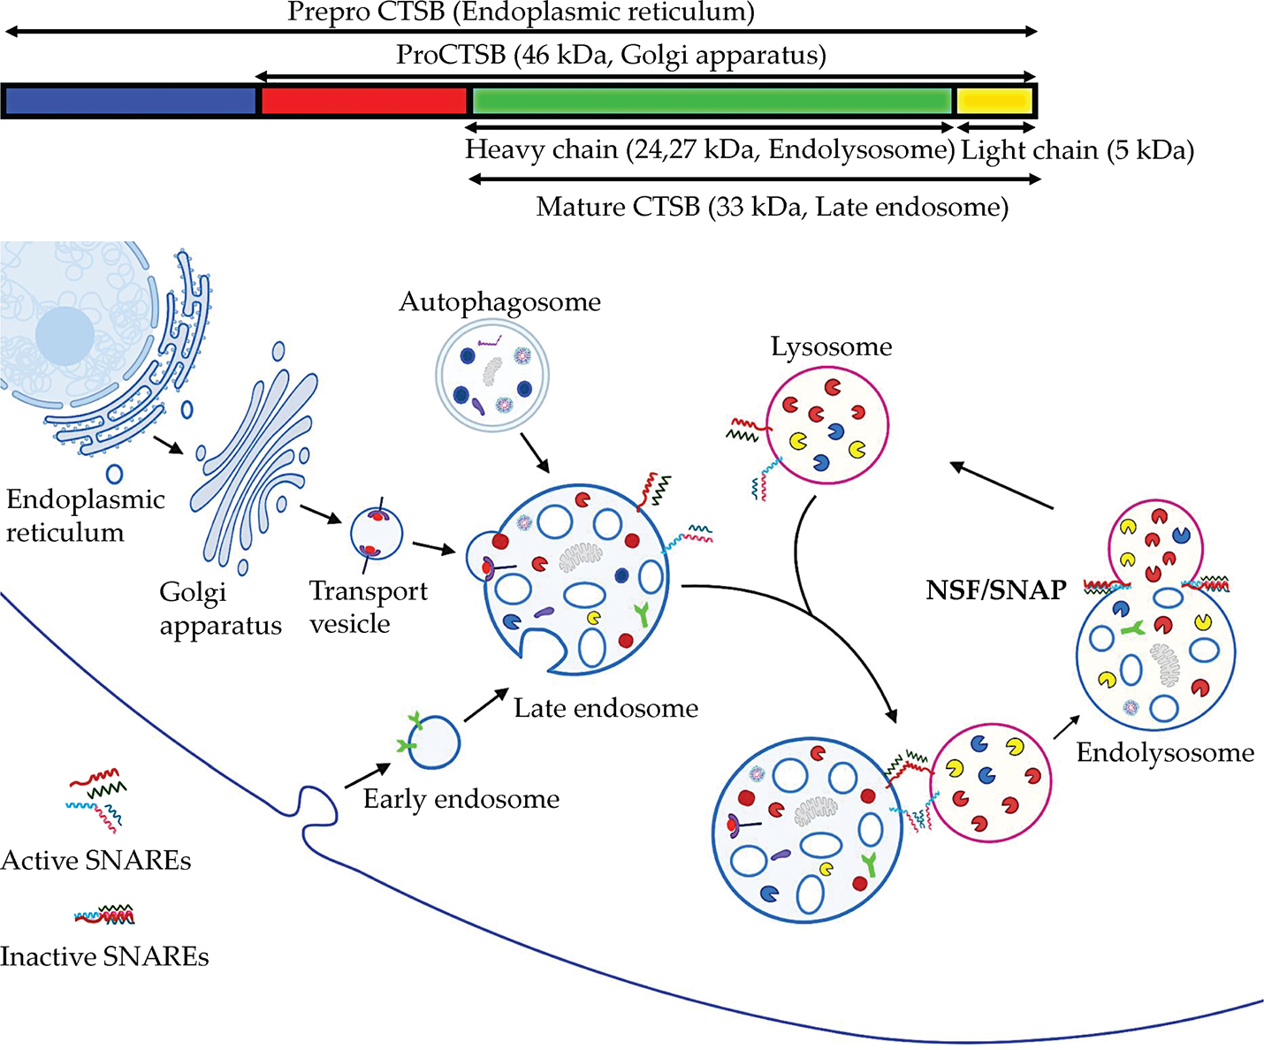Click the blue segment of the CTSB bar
coord(130,101)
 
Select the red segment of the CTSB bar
coord(362,101)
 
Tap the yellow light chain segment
coord(994,100)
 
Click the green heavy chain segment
coord(711,100)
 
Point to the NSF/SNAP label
coord(996,590)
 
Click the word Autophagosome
coord(499,302)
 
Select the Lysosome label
coord(831,346)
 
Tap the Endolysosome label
coord(1165,753)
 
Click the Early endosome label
coord(461,799)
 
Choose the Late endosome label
coord(606,708)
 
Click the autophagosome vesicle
coord(492,375)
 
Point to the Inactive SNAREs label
coord(104,956)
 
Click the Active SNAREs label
coord(95,860)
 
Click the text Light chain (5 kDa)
coord(1077,150)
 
